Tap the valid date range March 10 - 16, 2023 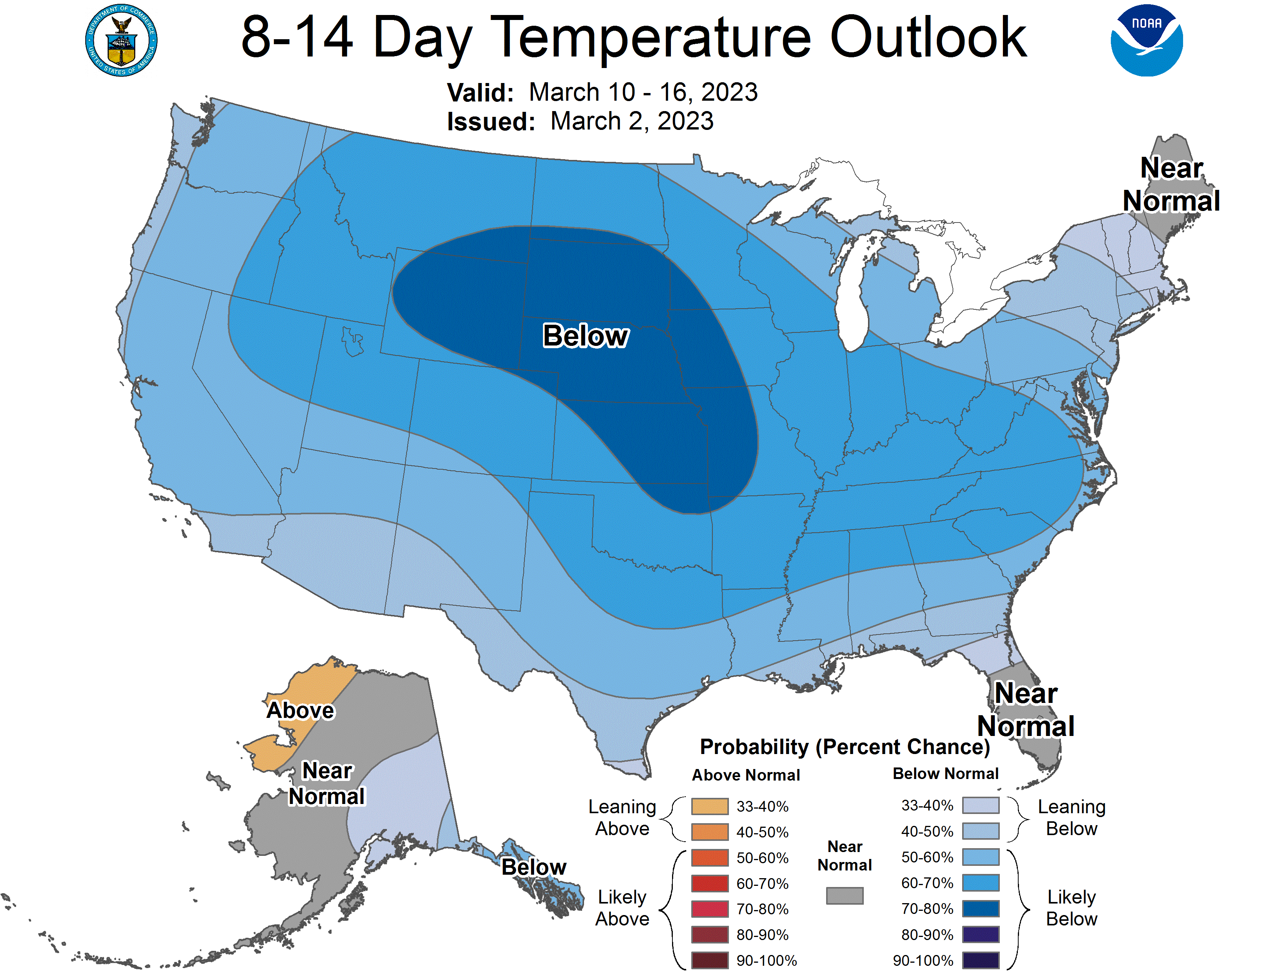coord(643,92)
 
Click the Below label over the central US coord(585,336)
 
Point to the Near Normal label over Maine coord(1171,184)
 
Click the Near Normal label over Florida coord(1026,709)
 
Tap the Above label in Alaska coord(300,711)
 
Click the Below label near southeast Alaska coord(533,867)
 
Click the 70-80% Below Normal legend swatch coord(981,909)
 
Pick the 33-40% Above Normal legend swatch coord(709,806)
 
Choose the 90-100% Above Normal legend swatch coord(709,960)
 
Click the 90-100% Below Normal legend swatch coord(981,960)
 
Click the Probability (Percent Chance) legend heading coord(844,747)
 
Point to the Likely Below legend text coord(1071,908)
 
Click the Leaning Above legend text coord(622,817)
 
